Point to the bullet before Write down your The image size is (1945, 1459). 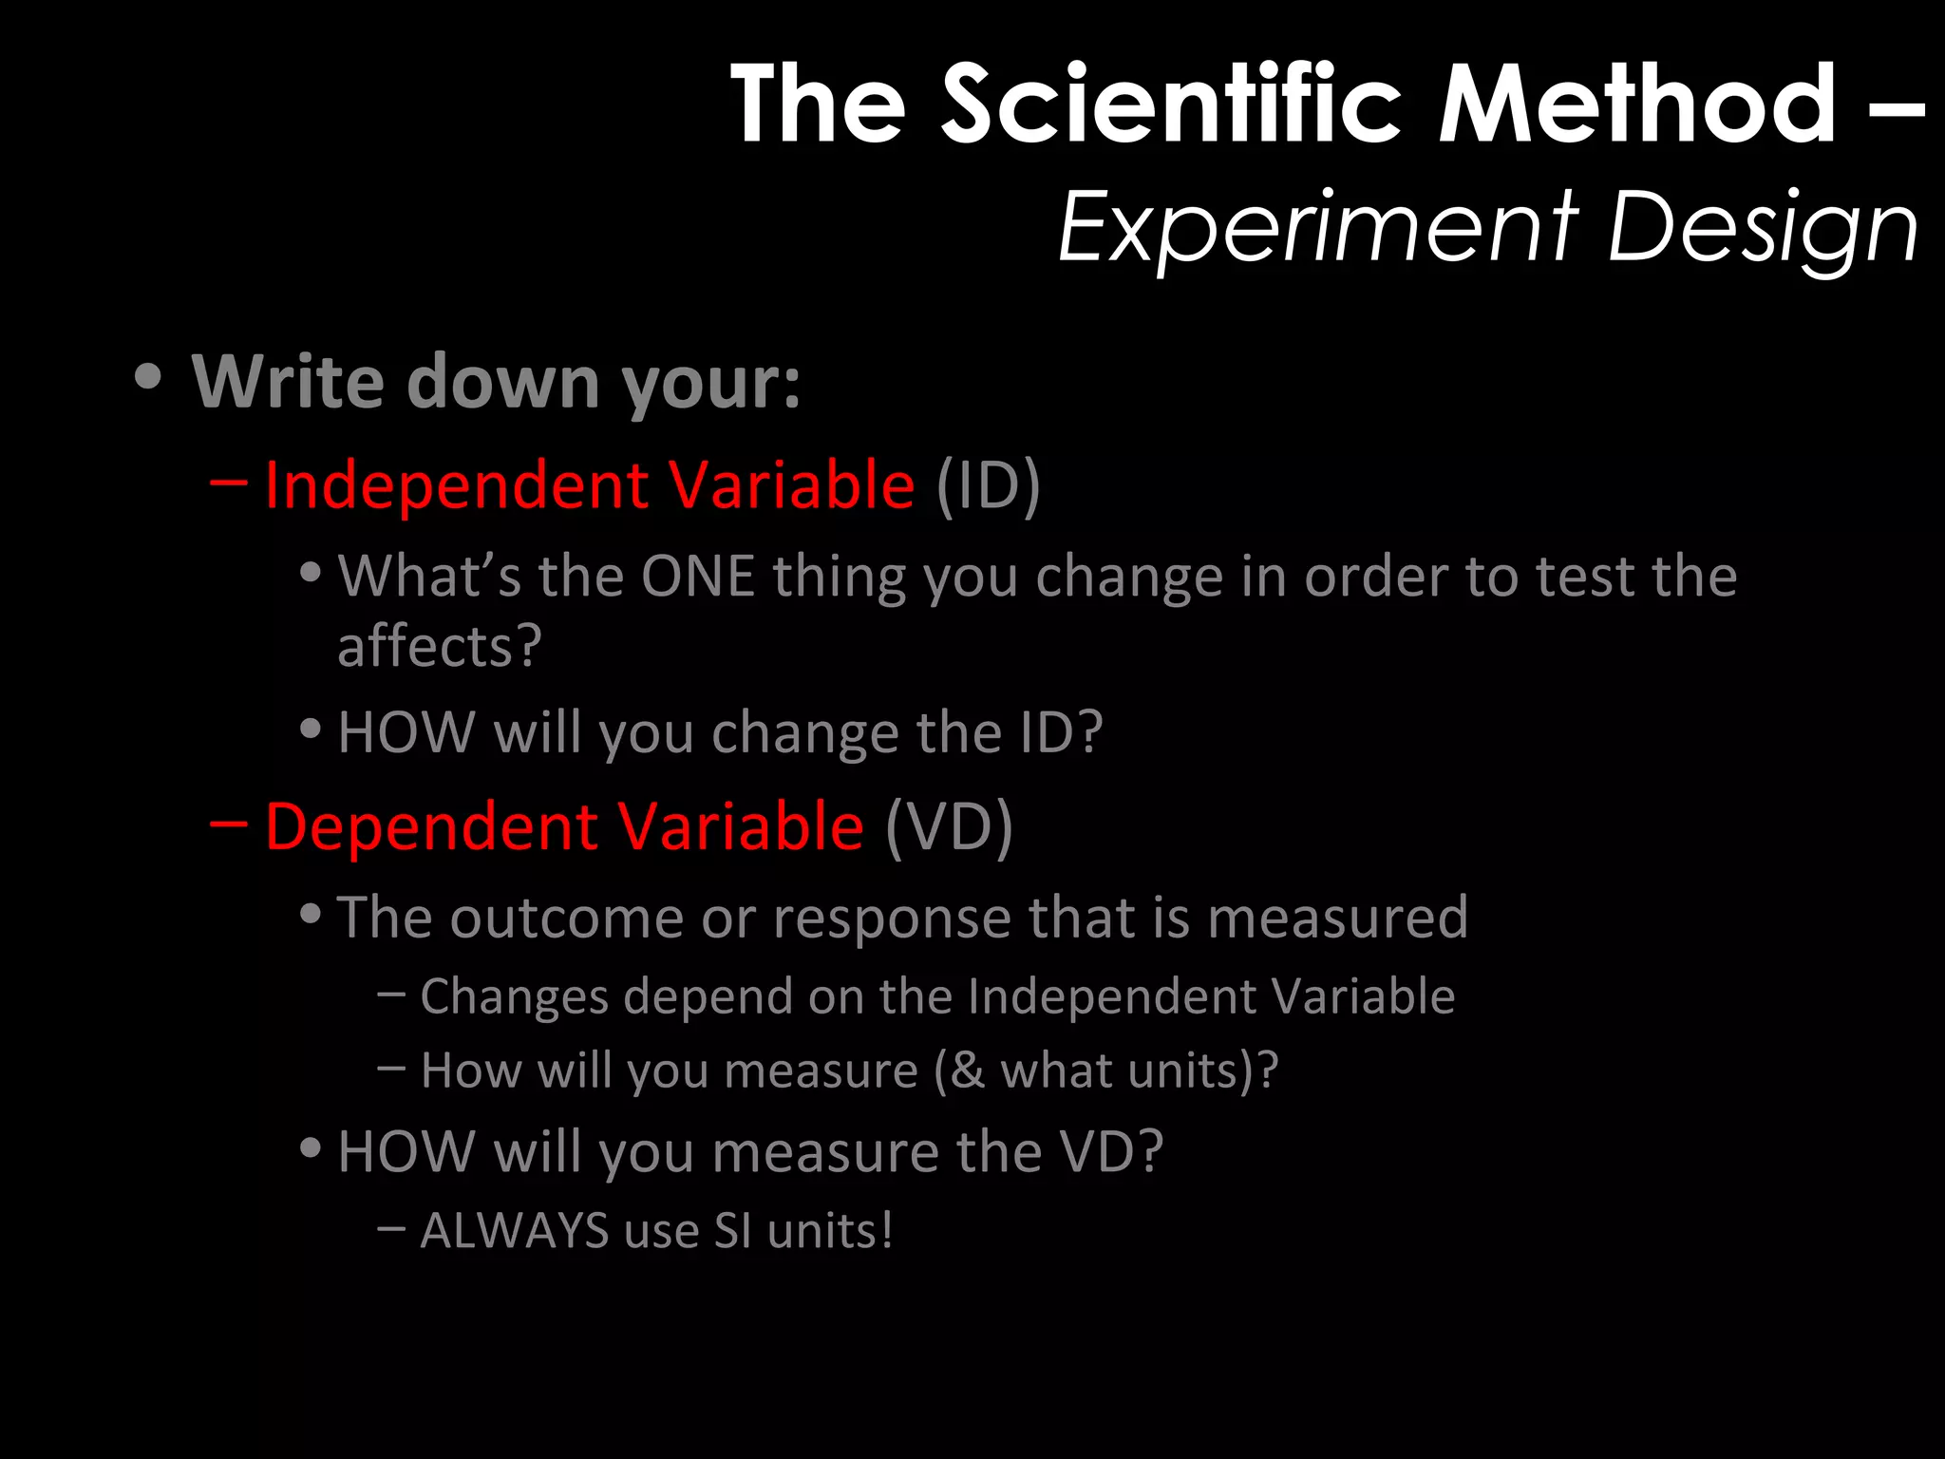click(x=148, y=377)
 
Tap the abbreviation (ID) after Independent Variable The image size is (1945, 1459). click(x=988, y=486)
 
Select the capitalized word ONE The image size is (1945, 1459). click(x=698, y=576)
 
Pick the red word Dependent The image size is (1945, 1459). click(x=431, y=825)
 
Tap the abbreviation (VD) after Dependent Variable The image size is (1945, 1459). click(x=949, y=827)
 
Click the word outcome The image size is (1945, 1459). click(x=566, y=918)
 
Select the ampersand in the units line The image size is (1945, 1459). click(x=968, y=1071)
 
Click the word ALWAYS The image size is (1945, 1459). click(x=514, y=1231)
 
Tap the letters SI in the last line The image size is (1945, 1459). click(x=733, y=1231)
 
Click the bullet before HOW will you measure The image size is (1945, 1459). click(x=310, y=1148)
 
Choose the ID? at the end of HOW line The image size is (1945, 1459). click(x=1061, y=732)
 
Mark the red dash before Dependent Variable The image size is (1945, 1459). click(x=229, y=822)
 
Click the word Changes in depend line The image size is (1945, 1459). click(x=514, y=997)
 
